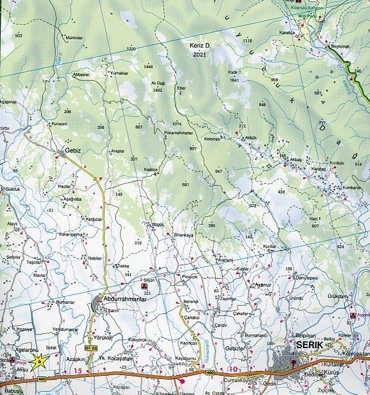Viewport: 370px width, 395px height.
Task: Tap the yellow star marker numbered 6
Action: pyautogui.click(x=38, y=361)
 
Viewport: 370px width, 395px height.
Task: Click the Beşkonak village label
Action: pyautogui.click(x=339, y=48)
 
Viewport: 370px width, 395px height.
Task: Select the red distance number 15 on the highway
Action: pyautogui.click(x=78, y=372)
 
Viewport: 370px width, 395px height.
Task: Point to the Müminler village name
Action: pyautogui.click(x=75, y=38)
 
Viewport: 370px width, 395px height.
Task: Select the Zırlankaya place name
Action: pyautogui.click(x=183, y=235)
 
